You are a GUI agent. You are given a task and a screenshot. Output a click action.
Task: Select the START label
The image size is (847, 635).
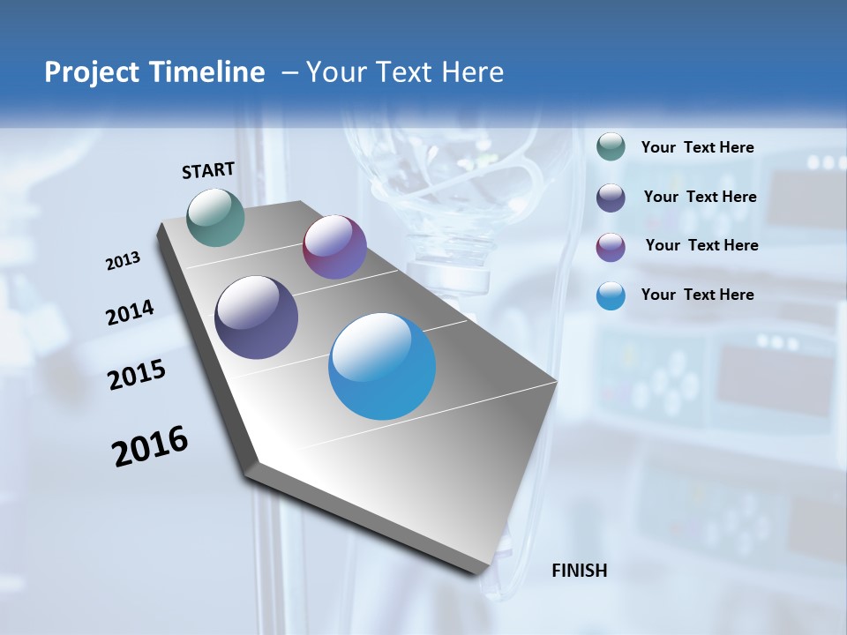coord(208,170)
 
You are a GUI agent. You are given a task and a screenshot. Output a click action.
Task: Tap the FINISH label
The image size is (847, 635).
coord(579,571)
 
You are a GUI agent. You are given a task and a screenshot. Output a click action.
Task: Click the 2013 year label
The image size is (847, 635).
coord(123,261)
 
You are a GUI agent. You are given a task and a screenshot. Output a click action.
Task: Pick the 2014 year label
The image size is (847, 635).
coord(130,313)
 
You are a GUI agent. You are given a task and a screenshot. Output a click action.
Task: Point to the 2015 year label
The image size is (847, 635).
coord(137,375)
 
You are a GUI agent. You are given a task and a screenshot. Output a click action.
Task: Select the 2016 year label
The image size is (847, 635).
coord(150,446)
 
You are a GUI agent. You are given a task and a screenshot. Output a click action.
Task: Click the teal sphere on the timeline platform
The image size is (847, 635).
coord(216,217)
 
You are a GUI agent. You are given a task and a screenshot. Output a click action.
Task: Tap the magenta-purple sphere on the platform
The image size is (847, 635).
coord(334,247)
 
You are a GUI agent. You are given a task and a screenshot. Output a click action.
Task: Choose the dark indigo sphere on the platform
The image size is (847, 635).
coord(257,317)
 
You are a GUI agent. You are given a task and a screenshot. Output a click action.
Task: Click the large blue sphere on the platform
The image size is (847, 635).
coord(382,366)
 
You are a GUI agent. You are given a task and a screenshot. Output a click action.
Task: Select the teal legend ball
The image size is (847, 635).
coord(611,147)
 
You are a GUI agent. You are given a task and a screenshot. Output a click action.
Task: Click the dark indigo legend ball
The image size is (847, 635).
coord(611,198)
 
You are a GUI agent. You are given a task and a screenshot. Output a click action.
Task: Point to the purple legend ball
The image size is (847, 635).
coord(611,247)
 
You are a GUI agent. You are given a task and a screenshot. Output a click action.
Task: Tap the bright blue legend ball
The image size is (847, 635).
coord(611,295)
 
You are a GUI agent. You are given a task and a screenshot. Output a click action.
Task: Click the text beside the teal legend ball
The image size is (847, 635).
coord(697,148)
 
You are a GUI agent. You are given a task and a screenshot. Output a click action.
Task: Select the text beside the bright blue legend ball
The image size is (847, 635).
coord(697,295)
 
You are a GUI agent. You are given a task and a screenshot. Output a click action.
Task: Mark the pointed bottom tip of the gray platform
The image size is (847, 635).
coord(491,568)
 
